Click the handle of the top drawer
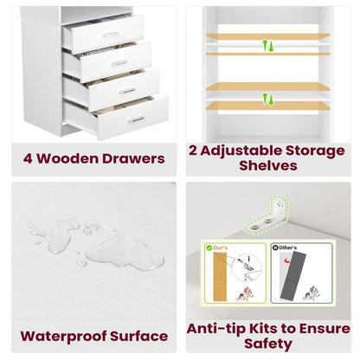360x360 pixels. pos(112,35)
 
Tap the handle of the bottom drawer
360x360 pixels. pos(138,119)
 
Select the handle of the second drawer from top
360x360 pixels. pos(120,62)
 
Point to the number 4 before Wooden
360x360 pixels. pos(27,158)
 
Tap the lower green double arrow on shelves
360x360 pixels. pos(268,98)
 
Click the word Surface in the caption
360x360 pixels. pos(138,336)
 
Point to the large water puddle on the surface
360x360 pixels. pos(130,254)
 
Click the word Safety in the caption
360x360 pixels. pos(268,344)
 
